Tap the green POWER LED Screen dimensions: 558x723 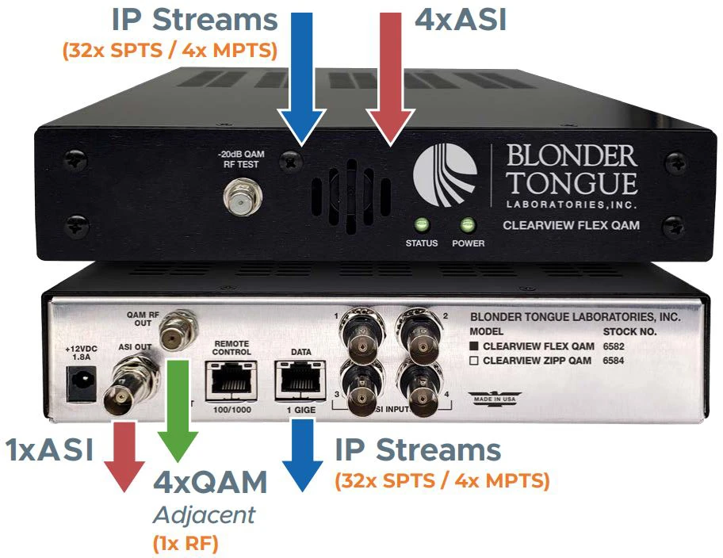tap(468, 224)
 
